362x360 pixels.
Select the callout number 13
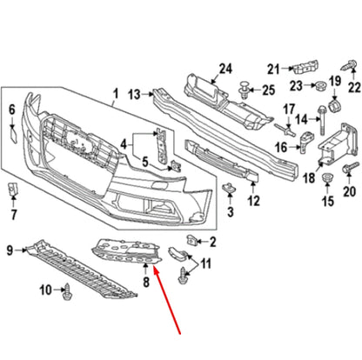(133, 94)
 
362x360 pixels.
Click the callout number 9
(10, 251)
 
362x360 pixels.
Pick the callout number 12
(253, 201)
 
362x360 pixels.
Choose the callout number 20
(351, 192)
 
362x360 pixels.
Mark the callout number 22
(353, 86)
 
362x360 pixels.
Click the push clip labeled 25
(244, 89)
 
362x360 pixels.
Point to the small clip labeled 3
(230, 190)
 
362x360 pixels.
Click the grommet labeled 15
(329, 182)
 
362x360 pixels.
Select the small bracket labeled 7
(13, 190)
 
